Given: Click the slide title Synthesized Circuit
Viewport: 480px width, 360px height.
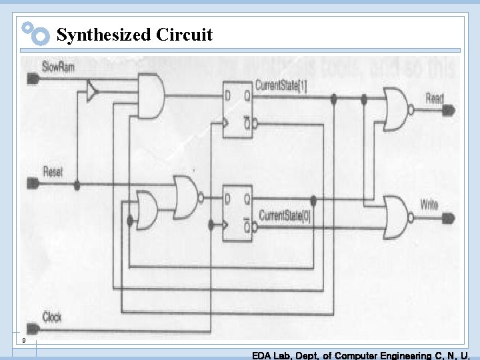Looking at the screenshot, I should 135,35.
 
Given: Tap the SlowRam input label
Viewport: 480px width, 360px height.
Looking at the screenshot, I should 59,67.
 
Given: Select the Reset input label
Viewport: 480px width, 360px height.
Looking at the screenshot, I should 52,171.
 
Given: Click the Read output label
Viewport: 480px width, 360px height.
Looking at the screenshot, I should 434,98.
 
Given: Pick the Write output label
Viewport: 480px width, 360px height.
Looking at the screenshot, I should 430,204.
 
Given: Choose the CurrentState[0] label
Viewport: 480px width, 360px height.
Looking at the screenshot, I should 285,215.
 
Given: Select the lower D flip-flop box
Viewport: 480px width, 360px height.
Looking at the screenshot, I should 237,213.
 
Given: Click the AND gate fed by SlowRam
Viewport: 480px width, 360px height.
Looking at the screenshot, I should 151,95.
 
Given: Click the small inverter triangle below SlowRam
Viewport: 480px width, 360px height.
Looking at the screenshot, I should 91,91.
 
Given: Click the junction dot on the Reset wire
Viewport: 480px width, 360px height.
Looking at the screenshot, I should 77,185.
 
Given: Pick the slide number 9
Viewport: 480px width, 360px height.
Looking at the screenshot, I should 23,341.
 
